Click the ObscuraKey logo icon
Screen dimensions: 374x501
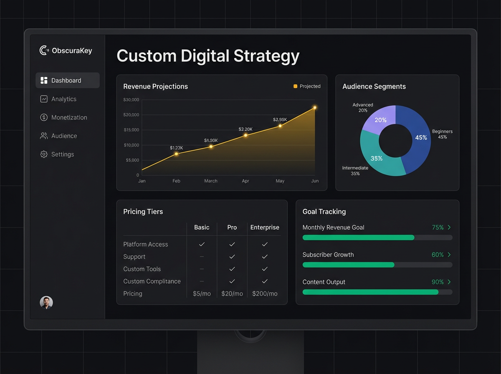point(44,51)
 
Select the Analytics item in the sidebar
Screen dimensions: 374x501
point(63,99)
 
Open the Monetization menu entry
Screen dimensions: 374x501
point(69,117)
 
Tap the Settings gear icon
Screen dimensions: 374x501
point(44,154)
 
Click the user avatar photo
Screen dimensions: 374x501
point(46,303)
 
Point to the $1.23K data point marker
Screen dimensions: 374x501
point(176,154)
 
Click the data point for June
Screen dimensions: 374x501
point(315,108)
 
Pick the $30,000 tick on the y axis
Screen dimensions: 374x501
point(131,100)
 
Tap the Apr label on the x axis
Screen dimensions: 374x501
point(245,181)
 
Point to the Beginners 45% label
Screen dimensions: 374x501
point(442,134)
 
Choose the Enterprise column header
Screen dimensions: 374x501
point(265,227)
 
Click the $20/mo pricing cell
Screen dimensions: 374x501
point(232,293)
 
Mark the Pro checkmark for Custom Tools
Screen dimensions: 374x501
point(232,269)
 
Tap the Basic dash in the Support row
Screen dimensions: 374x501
point(202,257)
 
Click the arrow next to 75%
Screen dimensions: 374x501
point(449,227)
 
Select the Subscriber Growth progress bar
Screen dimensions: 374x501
point(377,265)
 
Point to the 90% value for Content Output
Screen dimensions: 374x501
point(438,282)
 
